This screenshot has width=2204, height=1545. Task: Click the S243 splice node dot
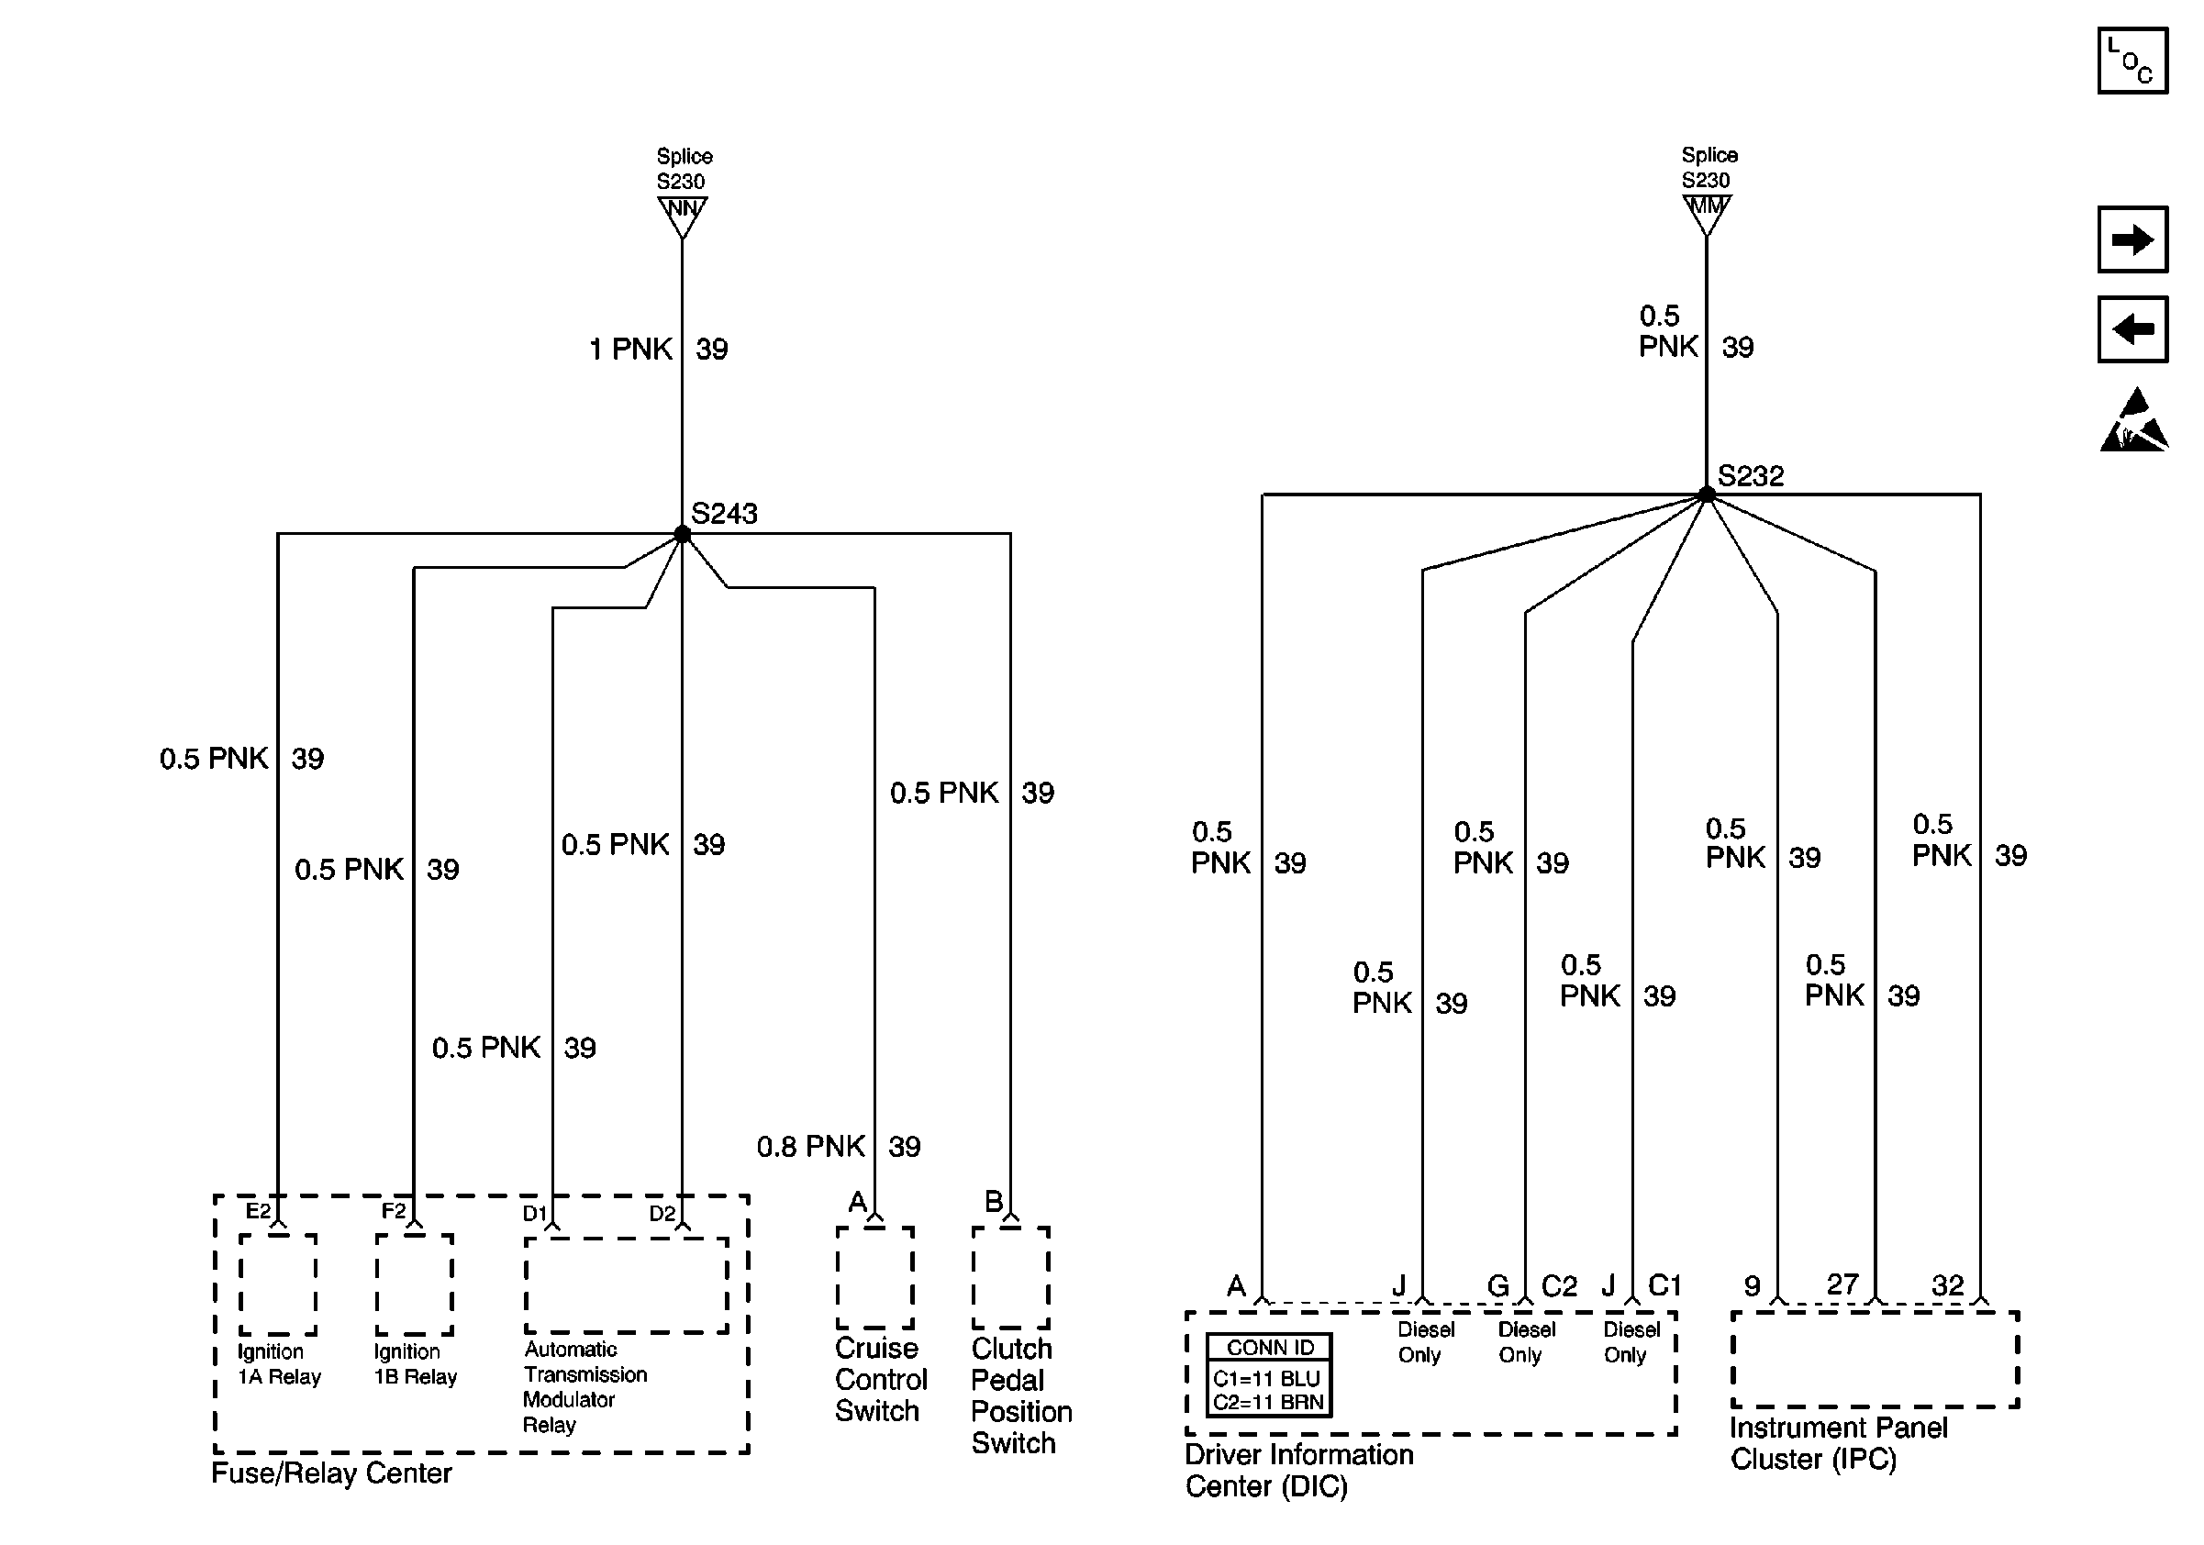[683, 535]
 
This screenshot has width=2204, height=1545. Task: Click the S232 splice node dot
[1707, 495]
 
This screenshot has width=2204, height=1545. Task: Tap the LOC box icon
[2132, 61]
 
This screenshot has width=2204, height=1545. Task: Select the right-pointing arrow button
[2132, 239]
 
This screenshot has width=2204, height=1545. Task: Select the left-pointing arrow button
[2132, 329]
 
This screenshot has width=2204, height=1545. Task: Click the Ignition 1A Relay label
[279, 1363]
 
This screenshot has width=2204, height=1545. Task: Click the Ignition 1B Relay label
[415, 1363]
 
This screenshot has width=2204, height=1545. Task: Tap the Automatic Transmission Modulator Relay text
[584, 1386]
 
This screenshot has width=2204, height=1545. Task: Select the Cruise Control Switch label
[880, 1379]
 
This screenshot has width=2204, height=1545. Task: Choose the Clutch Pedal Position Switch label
[1020, 1395]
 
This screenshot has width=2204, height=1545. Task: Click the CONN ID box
[1268, 1374]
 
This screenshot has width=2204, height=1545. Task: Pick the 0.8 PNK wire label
[811, 1146]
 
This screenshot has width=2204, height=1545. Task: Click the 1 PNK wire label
[630, 350]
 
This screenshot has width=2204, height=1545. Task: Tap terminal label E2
[258, 1211]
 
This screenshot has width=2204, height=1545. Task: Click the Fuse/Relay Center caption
[331, 1473]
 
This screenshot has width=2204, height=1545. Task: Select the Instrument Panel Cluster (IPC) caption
[1837, 1443]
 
